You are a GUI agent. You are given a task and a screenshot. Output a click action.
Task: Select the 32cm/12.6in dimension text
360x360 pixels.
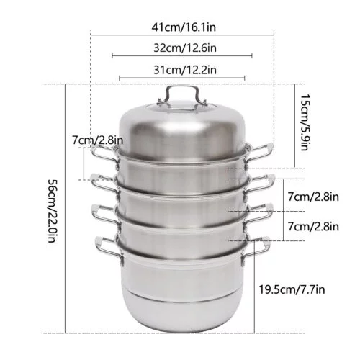pos(183,47)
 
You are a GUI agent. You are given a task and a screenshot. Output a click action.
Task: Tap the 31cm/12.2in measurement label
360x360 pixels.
pos(183,69)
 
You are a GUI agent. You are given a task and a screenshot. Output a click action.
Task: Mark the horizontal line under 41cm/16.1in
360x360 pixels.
pos(182,33)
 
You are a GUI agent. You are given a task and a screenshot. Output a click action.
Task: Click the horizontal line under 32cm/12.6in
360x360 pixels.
pos(182,55)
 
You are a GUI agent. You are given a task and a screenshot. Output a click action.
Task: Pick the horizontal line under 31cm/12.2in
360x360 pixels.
pos(182,77)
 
